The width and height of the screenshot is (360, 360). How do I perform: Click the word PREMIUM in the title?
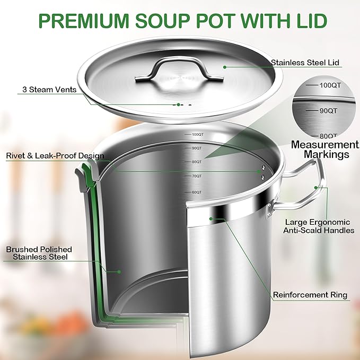[x=85, y=21]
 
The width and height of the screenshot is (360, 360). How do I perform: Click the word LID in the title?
[x=308, y=21]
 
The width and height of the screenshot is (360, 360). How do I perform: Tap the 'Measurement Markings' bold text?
[x=325, y=150]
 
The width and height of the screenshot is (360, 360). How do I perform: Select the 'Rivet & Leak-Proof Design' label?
[x=55, y=156]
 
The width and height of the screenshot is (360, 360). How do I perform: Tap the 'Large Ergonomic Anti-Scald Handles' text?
[x=319, y=226]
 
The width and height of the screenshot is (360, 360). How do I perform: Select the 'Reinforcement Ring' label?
[x=310, y=295]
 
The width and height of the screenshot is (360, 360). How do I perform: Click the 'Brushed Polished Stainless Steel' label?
[x=39, y=253]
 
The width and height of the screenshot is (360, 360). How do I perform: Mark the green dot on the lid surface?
[x=224, y=67]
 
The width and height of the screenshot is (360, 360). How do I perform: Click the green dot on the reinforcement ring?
[x=210, y=218]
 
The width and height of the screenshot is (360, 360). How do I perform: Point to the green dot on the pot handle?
[x=317, y=187]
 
